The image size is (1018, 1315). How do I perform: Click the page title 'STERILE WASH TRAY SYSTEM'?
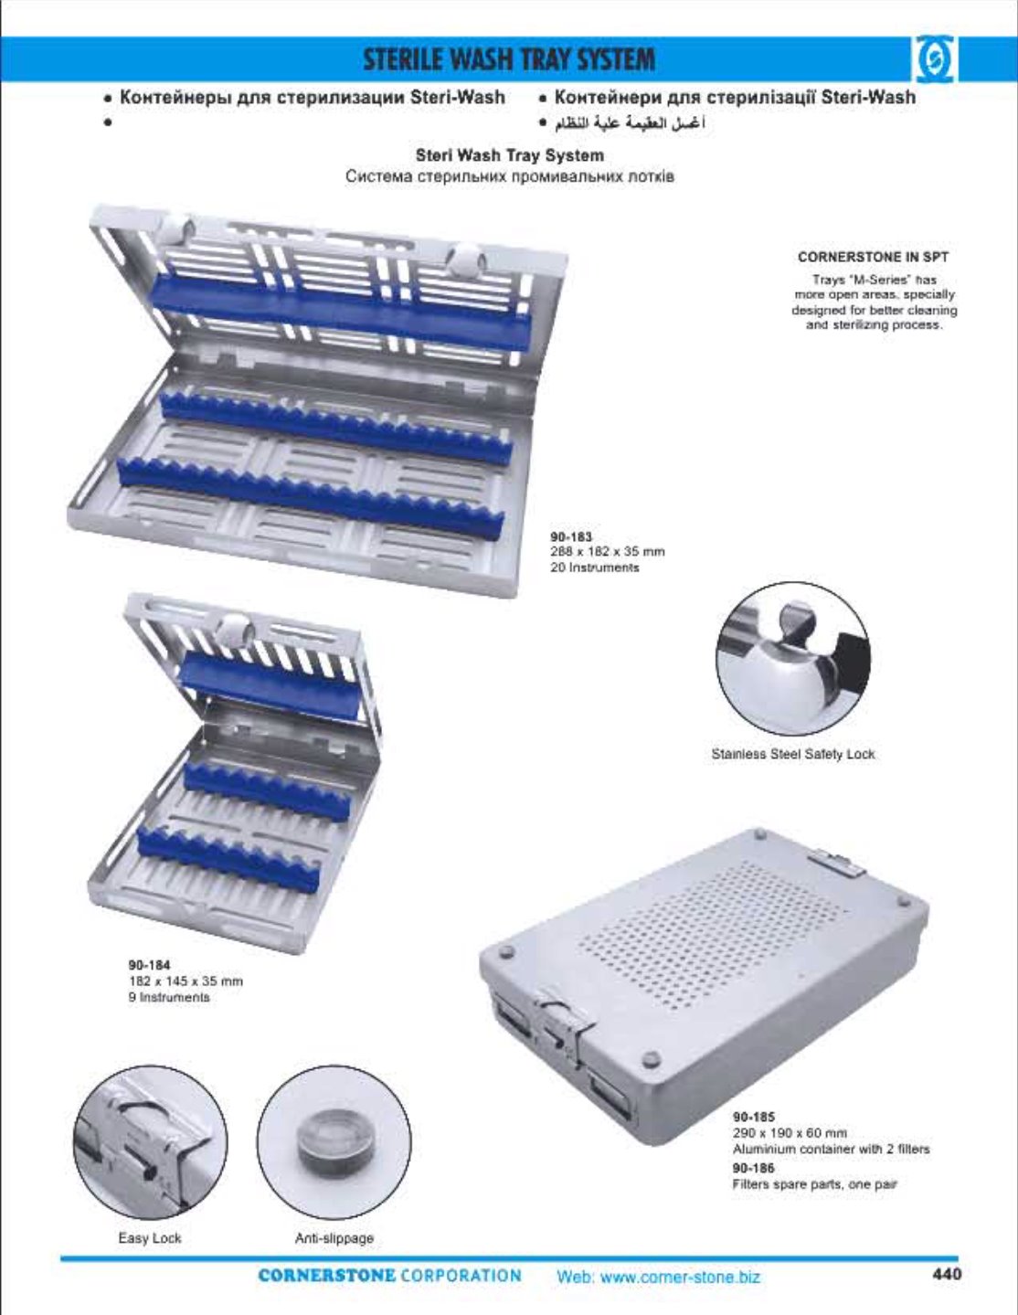(509, 60)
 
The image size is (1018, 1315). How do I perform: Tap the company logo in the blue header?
(934, 59)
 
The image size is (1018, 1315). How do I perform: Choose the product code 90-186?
(754, 1168)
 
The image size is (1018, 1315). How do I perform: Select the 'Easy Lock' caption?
(149, 1237)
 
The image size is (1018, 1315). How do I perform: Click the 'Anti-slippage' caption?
(334, 1238)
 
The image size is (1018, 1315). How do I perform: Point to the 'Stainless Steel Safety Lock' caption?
(793, 754)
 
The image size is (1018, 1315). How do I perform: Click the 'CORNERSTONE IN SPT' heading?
(873, 257)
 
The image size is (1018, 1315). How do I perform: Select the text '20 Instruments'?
(595, 567)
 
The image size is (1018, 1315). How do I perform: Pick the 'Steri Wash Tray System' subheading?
(509, 155)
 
